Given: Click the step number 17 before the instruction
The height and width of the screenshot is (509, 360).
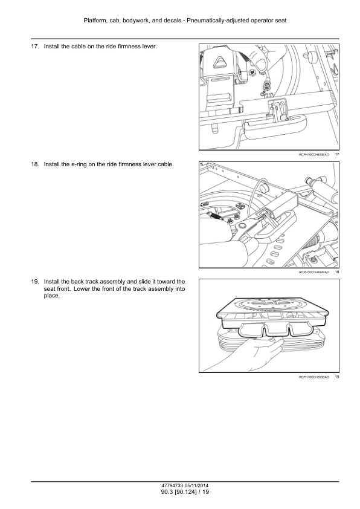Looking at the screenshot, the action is [34, 47].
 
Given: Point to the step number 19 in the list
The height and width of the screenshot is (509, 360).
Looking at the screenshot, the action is [34, 282].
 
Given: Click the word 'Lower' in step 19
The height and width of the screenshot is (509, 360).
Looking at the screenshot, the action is [81, 288].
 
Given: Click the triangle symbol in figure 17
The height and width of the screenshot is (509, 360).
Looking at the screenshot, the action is [222, 60].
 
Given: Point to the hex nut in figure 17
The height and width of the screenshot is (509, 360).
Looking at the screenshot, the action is [251, 72].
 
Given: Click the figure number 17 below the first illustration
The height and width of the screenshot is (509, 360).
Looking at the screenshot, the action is [337, 155].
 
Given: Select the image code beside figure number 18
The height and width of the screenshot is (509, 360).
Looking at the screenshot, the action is [313, 272].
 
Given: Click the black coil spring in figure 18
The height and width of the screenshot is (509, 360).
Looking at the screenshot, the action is [214, 216].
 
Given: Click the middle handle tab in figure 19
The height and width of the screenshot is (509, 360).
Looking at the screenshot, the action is [276, 329].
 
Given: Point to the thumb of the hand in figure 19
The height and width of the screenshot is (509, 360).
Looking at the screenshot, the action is [273, 340].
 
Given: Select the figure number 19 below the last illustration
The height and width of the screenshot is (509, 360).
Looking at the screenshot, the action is [337, 377].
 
